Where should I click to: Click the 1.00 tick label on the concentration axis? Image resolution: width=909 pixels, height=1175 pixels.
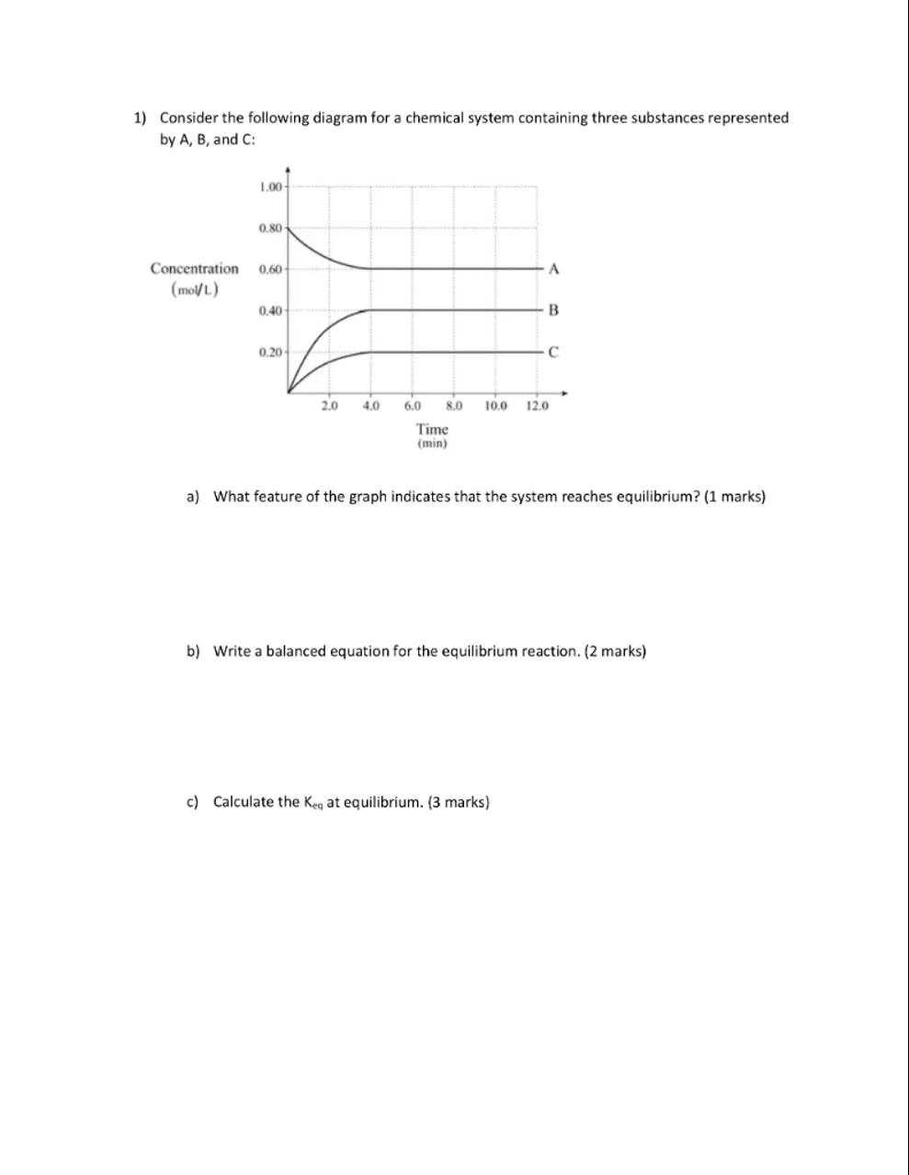[x=270, y=187]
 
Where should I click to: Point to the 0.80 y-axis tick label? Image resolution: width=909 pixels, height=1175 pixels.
[x=270, y=227]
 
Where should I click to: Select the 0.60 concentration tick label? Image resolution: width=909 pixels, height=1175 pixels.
[x=270, y=269]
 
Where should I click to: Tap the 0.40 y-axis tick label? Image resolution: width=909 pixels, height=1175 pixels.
[x=270, y=311]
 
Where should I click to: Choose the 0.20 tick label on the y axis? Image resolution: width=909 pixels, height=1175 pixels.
[x=270, y=352]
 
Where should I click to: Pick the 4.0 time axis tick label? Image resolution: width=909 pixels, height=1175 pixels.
[x=371, y=405]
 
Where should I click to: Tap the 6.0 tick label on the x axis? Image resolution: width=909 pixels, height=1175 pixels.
[x=413, y=405]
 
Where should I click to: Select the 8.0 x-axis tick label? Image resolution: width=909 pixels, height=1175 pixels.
[x=454, y=405]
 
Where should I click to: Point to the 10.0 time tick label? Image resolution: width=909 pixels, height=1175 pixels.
[x=495, y=405]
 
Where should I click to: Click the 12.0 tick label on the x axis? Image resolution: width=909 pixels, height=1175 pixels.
[x=538, y=405]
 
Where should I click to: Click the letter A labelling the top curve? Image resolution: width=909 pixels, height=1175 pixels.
[x=552, y=269]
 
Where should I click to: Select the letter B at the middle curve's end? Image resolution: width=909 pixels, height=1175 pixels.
[x=552, y=311]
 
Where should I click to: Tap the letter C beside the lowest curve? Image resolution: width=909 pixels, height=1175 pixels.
[x=552, y=352]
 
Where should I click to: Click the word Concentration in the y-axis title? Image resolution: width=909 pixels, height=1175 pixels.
[x=194, y=269]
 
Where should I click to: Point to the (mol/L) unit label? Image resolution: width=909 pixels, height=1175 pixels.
[x=194, y=290]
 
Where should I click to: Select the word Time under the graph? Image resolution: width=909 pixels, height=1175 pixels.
[x=432, y=429]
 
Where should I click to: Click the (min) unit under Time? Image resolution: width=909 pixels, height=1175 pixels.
[x=432, y=444]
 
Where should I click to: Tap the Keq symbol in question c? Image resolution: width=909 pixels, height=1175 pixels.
[x=313, y=803]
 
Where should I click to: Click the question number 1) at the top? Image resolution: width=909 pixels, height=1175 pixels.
[x=140, y=119]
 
